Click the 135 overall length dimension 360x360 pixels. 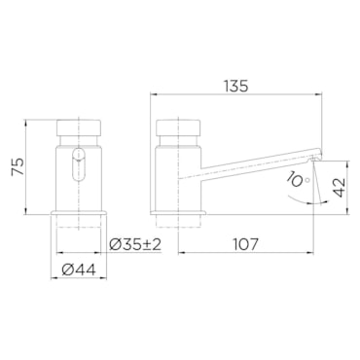coord(235,86)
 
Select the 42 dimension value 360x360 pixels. coord(338,186)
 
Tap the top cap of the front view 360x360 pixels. coord(80,128)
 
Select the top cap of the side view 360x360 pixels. coord(178,128)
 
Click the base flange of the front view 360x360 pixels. coord(80,212)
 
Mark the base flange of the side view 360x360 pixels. coord(178,212)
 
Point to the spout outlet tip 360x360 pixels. coord(315,153)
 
